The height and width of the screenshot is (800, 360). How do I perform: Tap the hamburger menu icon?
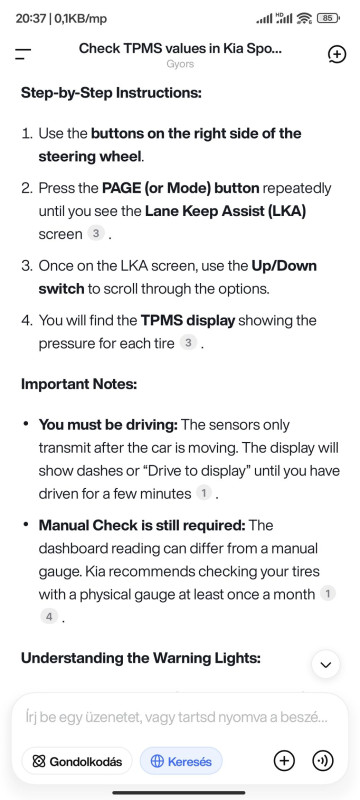point(23,54)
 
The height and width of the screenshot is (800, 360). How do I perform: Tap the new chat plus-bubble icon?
point(338,55)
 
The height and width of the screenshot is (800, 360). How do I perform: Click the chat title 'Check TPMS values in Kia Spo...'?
point(181,49)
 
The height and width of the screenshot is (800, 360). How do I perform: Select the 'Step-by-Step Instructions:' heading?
point(112,93)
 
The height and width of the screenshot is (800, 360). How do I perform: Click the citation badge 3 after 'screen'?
point(95,234)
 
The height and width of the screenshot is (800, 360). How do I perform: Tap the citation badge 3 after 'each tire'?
point(188,343)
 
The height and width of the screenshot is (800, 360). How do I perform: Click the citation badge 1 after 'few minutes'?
point(203,493)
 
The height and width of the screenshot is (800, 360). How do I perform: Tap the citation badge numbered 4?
point(49,617)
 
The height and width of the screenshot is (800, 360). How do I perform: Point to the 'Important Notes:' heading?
point(79,384)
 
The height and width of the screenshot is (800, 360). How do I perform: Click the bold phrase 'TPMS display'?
point(188,320)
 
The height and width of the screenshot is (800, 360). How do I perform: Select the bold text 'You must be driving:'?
point(109,424)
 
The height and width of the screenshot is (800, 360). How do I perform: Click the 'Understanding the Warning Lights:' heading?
point(141,658)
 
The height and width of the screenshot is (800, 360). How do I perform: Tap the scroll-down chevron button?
point(325,664)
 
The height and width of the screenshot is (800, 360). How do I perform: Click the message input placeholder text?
point(176,717)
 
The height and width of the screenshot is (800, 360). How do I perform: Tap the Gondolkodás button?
point(77,762)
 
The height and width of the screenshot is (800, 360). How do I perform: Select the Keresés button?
point(181,762)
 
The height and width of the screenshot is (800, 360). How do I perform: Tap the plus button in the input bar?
point(285,761)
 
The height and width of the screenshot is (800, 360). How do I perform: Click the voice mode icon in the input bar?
point(322,761)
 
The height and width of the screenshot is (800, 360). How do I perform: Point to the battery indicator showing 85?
point(327,18)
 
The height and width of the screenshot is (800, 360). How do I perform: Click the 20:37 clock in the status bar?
point(30,19)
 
